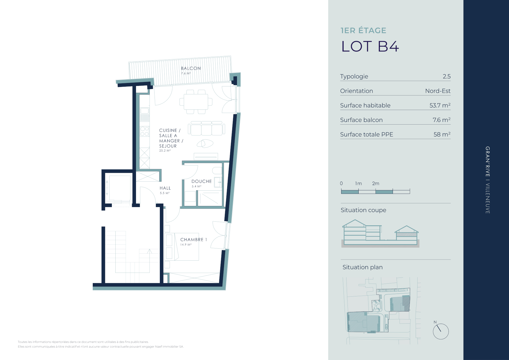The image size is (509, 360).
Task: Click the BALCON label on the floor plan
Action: click(191, 68)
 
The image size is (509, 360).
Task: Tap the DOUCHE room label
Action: click(201, 181)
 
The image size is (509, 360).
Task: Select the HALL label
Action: click(165, 188)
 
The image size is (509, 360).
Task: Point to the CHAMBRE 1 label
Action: click(194, 240)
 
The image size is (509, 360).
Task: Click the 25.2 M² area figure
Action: click(165, 151)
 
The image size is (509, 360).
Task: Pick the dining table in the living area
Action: click(196, 102)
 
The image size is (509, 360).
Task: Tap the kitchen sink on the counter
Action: click(145, 114)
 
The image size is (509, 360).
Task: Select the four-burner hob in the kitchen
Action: click(145, 131)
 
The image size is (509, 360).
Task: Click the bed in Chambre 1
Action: click(182, 247)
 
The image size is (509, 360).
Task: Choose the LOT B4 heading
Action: click(370, 46)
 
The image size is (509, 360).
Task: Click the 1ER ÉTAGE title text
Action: click(363, 30)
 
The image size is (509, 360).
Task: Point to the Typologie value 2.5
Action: click(447, 76)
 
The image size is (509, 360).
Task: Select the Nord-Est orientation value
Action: click(438, 91)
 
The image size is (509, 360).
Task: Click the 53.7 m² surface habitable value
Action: click(440, 105)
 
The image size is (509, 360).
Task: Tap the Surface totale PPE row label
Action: click(367, 134)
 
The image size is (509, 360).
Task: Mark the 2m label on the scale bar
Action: click(376, 183)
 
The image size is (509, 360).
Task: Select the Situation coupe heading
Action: click(363, 210)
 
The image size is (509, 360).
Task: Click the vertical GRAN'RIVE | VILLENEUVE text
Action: click(488, 180)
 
